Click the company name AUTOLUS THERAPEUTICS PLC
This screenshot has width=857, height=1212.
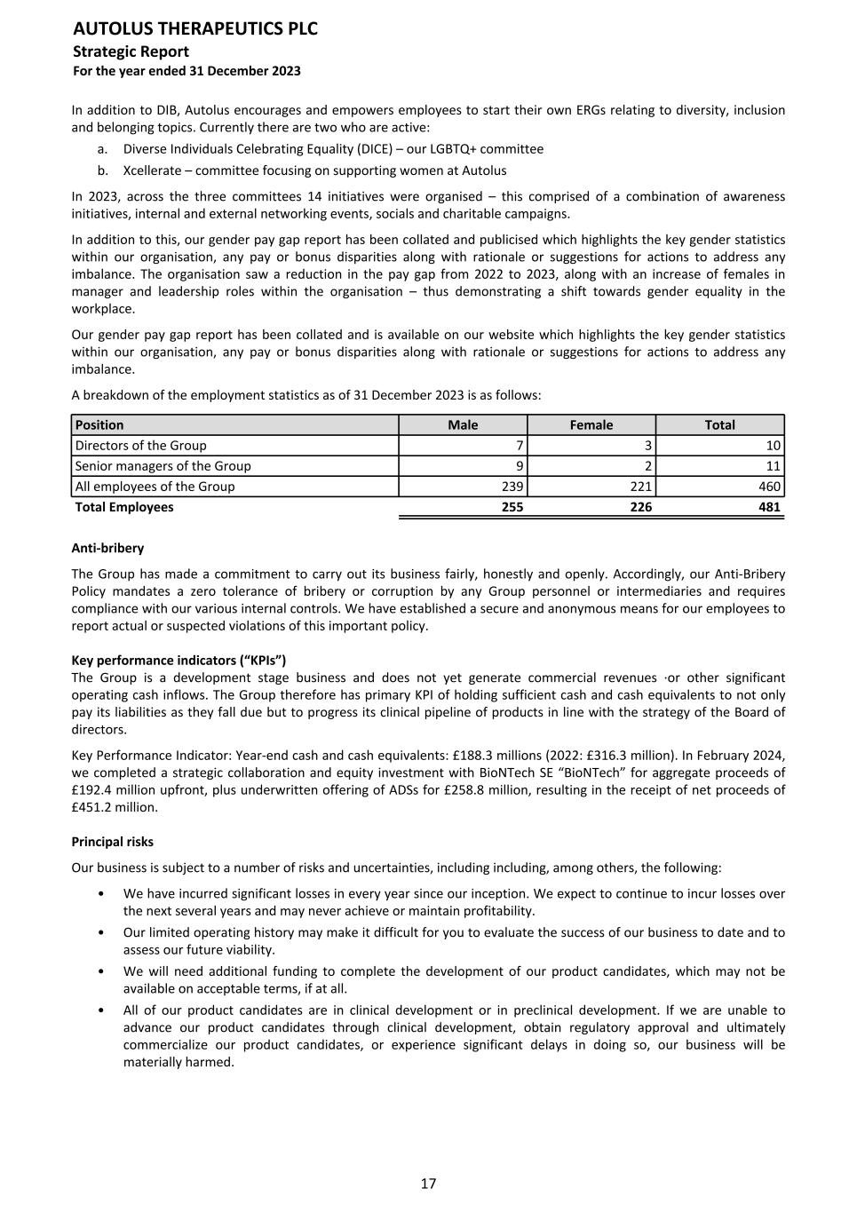pyautogui.click(x=194, y=29)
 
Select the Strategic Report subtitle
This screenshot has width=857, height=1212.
pyautogui.click(x=131, y=51)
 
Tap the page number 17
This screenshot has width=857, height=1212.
pyautogui.click(x=428, y=1184)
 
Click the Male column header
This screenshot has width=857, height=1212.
pyautogui.click(x=463, y=425)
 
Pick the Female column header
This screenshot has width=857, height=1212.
pyautogui.click(x=591, y=425)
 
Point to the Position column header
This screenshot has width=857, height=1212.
pyautogui.click(x=99, y=425)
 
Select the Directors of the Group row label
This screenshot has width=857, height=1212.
pyautogui.click(x=140, y=446)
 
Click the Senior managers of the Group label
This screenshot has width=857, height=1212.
pyautogui.click(x=163, y=466)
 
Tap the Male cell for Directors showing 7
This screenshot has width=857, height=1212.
pyautogui.click(x=519, y=446)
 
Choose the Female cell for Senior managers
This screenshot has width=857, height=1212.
pyautogui.click(x=648, y=466)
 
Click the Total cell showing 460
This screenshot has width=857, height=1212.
pyautogui.click(x=770, y=487)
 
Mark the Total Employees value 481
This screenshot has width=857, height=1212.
pyautogui.click(x=769, y=507)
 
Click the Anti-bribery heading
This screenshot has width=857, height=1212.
pyautogui.click(x=107, y=549)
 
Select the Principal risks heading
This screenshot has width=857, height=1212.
pyautogui.click(x=112, y=842)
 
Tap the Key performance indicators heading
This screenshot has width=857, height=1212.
pyautogui.click(x=179, y=661)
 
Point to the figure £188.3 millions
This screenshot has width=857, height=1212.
pyautogui.click(x=527, y=756)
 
